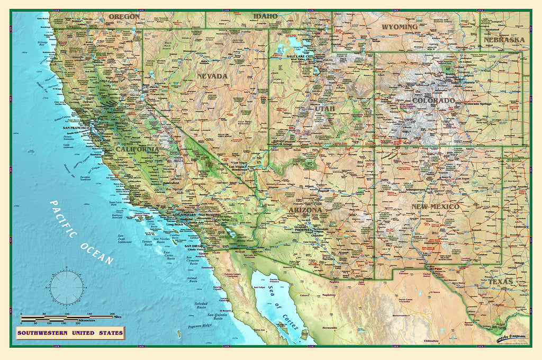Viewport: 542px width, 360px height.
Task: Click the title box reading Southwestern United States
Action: pos(70,334)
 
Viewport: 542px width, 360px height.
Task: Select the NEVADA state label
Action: pos(212,76)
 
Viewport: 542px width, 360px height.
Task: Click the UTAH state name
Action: pos(326,109)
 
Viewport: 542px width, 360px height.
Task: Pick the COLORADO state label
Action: pos(433,101)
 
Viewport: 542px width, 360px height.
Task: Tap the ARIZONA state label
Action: pos(305,210)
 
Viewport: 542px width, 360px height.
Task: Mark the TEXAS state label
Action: pos(500,282)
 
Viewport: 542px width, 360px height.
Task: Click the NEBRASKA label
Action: pos(504,40)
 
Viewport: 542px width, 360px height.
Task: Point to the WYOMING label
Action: pos(400,26)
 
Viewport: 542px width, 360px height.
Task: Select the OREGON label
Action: pos(124,16)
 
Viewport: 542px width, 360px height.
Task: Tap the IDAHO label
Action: pos(265,16)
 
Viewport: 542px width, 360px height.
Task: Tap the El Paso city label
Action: pos(437,268)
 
